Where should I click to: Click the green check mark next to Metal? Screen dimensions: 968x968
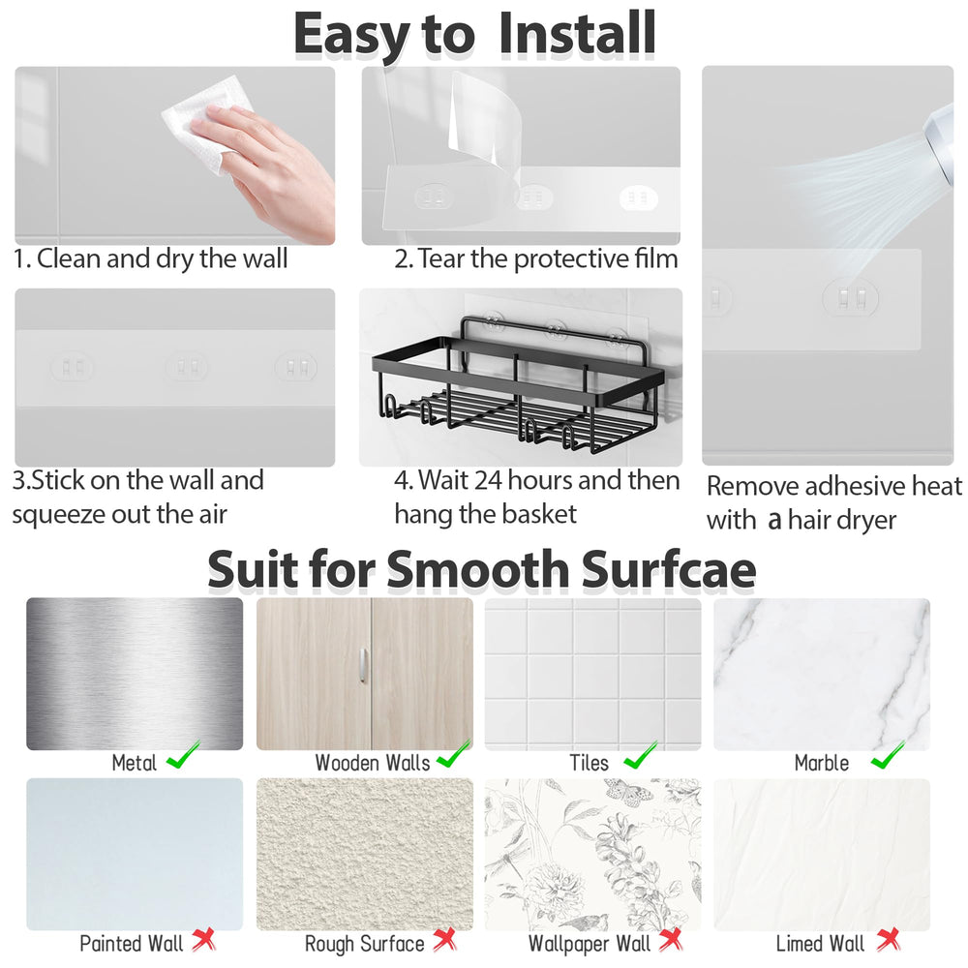click(183, 755)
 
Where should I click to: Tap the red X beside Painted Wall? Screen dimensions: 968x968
click(203, 940)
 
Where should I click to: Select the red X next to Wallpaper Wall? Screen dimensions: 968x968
click(671, 940)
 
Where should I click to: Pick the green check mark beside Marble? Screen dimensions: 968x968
click(888, 755)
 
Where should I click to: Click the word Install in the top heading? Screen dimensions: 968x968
click(577, 33)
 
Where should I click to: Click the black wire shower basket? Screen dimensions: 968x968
click(519, 386)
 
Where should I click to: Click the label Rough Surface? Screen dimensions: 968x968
click(364, 943)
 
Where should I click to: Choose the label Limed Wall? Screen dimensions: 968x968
click(820, 943)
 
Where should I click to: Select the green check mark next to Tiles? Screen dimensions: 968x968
click(641, 755)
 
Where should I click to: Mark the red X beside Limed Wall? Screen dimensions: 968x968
click(888, 940)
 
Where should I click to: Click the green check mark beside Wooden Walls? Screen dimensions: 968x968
click(454, 755)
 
